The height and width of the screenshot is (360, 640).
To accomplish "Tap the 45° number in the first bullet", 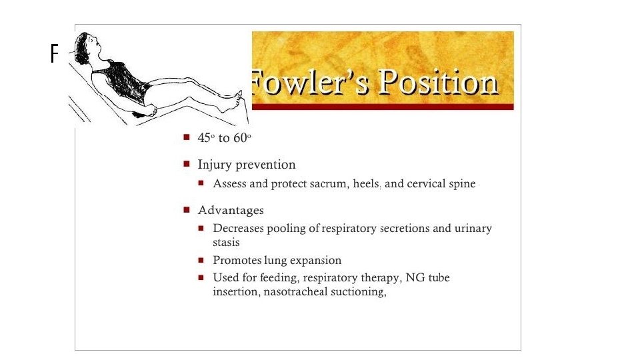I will [x=204, y=138].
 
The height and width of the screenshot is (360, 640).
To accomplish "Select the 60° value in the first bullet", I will [x=241, y=138].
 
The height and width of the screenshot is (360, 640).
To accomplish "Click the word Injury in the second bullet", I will [x=213, y=165].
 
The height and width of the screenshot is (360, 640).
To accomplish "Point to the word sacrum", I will [x=325, y=184].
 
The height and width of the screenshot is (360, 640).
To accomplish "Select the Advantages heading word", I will [x=231, y=211].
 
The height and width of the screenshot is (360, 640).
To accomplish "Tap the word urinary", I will [x=473, y=229].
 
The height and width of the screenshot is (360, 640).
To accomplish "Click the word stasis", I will [x=226, y=243].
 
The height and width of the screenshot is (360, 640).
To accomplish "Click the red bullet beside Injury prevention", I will [x=186, y=164].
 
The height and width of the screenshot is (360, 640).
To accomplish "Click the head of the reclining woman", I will [x=89, y=47].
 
